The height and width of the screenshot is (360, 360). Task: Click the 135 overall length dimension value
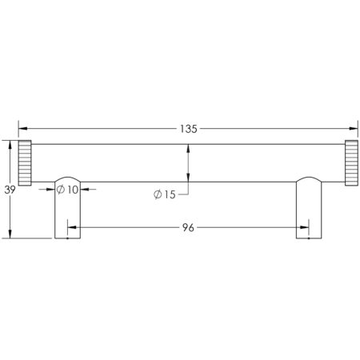pyautogui.click(x=189, y=129)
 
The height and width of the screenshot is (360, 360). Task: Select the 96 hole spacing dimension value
pyautogui.click(x=188, y=228)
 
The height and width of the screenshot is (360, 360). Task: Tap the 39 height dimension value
pyautogui.click(x=10, y=190)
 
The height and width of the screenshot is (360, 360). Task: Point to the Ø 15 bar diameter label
pyautogui.click(x=165, y=194)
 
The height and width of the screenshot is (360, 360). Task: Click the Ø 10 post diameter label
pyautogui.click(x=67, y=190)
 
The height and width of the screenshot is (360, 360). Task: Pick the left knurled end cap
pyautogui.click(x=25, y=162)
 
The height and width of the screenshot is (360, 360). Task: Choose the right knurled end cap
pyautogui.click(x=351, y=162)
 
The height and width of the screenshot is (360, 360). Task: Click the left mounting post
pyautogui.click(x=67, y=207)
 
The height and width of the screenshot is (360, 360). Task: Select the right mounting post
pyautogui.click(x=309, y=207)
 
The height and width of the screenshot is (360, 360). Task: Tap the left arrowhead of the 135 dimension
pyautogui.click(x=22, y=129)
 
